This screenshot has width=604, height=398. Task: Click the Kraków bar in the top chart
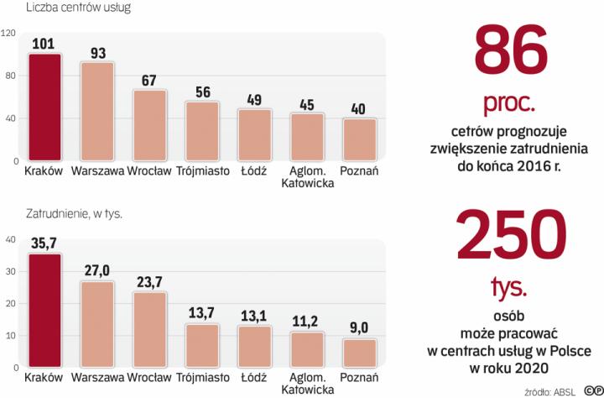(44, 107)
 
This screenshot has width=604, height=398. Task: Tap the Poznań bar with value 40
(358, 139)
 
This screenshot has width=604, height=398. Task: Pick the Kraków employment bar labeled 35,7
(44, 311)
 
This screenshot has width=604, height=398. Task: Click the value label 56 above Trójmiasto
(201, 92)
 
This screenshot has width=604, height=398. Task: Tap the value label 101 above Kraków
(44, 44)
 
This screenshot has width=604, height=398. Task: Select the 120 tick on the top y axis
(9, 34)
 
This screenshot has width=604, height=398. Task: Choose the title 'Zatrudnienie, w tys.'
(75, 214)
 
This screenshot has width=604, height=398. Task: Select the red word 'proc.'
(508, 103)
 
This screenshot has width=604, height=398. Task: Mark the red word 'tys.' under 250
(509, 288)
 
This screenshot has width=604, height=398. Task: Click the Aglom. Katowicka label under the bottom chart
(306, 384)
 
